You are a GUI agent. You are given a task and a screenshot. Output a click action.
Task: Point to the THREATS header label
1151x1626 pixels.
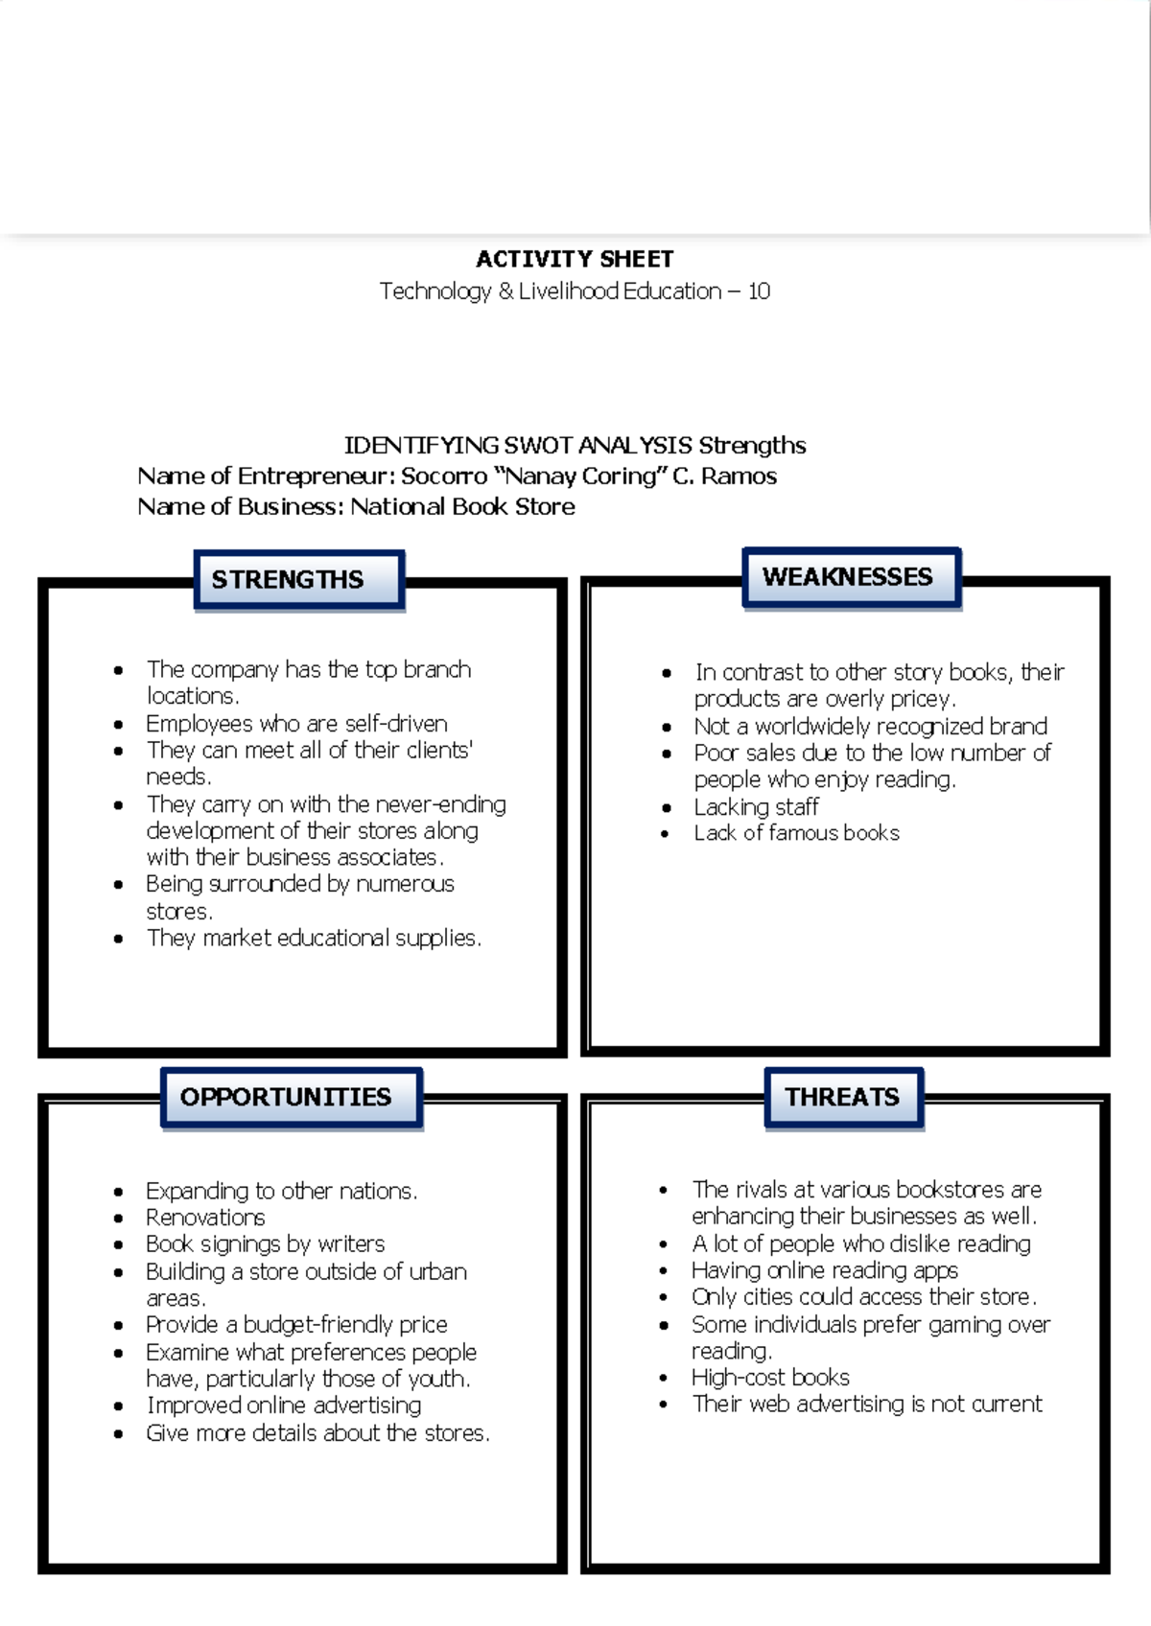click(843, 1097)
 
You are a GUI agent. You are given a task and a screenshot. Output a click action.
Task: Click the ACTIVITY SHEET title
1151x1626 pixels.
click(575, 259)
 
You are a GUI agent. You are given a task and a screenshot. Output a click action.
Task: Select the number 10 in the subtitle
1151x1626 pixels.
click(759, 291)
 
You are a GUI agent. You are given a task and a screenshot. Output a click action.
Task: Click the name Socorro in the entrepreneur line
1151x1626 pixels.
click(443, 476)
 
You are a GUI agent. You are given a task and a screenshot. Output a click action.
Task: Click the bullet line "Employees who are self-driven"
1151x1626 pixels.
click(296, 724)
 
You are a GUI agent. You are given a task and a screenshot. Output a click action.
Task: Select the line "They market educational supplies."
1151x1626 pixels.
click(314, 939)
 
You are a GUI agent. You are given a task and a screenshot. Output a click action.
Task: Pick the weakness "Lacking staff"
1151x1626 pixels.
click(756, 807)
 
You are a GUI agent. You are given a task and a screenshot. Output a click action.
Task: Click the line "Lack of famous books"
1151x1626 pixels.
click(796, 833)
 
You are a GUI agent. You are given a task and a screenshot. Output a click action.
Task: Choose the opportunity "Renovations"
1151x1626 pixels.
click(205, 1218)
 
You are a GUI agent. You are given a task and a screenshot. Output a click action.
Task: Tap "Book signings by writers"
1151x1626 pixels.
click(265, 1244)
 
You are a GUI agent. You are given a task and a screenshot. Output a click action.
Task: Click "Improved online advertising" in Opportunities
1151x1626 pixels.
click(283, 1405)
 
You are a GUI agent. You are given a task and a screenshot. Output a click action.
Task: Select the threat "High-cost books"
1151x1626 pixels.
click(770, 1378)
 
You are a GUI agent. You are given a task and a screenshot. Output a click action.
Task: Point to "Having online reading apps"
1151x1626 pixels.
click(824, 1270)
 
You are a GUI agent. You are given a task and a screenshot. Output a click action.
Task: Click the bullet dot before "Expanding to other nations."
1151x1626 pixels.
click(118, 1193)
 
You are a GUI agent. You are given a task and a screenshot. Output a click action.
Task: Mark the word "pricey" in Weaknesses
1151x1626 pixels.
click(924, 699)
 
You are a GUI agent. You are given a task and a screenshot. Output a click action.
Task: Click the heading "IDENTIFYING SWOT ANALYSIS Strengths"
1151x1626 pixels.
click(575, 446)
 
